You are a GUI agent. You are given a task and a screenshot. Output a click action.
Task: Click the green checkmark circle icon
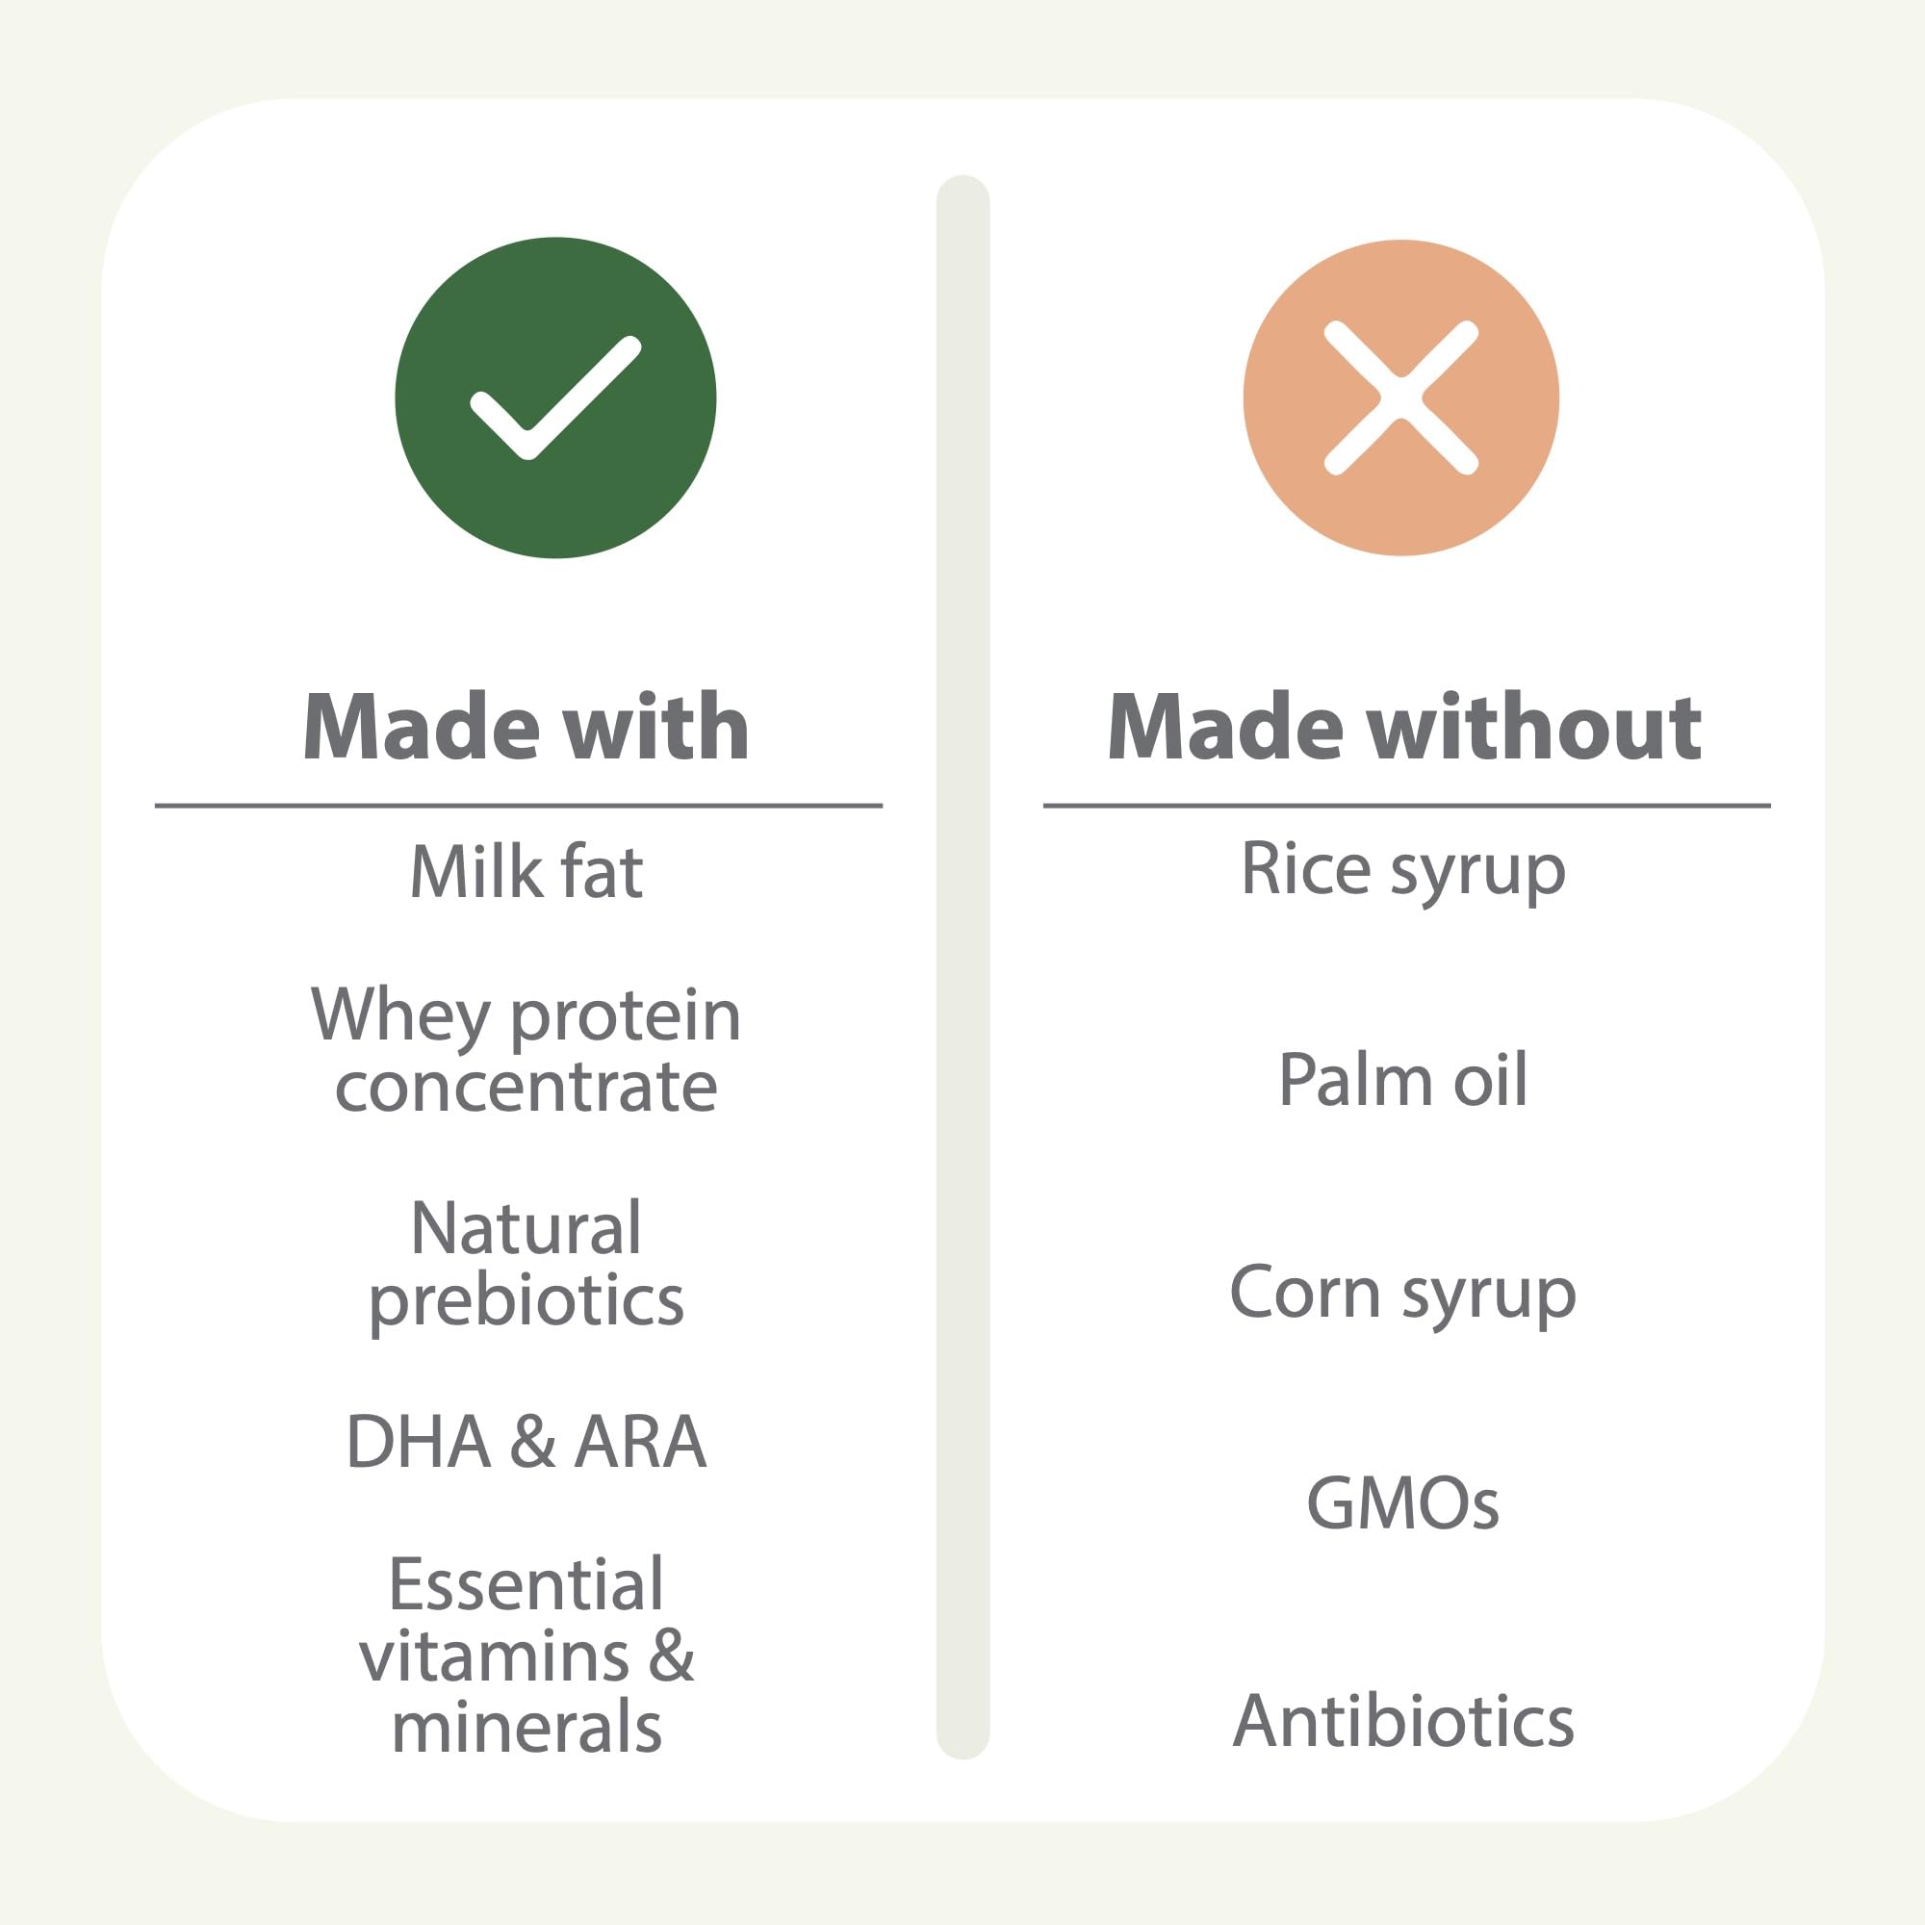[555, 398]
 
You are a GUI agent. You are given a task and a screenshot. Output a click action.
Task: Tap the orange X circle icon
[1400, 398]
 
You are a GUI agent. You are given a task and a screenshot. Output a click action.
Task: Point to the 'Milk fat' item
[526, 871]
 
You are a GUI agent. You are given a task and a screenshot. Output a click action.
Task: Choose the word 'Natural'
[526, 1227]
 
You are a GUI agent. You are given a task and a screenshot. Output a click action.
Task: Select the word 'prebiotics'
[526, 1301]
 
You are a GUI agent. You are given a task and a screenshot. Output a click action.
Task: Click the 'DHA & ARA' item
[526, 1442]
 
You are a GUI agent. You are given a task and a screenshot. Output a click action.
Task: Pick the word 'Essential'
[526, 1583]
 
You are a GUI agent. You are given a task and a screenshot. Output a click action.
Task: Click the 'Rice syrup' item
[1403, 872]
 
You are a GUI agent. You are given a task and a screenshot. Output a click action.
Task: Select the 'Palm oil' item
[1403, 1079]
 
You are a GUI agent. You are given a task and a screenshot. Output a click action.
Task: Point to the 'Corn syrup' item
[1403, 1295]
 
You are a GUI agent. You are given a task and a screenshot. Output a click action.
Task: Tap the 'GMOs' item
[1403, 1503]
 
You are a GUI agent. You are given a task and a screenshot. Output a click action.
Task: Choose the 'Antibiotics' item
[1403, 1721]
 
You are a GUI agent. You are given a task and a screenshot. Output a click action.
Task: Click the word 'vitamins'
[494, 1655]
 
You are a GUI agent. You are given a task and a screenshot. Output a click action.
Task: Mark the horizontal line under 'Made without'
[1407, 805]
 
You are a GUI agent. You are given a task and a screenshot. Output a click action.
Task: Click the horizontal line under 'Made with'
[518, 805]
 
